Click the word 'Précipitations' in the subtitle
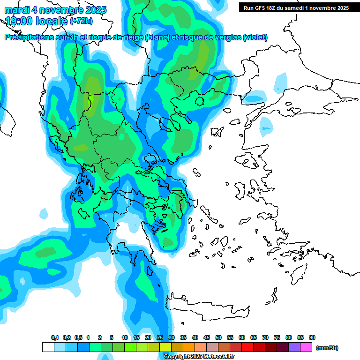[29, 37]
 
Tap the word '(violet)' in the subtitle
[255, 37]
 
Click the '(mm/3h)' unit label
[327, 348]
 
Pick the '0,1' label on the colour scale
[55, 338]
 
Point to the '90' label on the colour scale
[312, 338]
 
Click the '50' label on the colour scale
[218, 338]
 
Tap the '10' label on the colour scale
[125, 338]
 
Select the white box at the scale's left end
[48, 347]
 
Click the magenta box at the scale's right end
[306, 347]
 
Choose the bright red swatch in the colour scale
[247, 347]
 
